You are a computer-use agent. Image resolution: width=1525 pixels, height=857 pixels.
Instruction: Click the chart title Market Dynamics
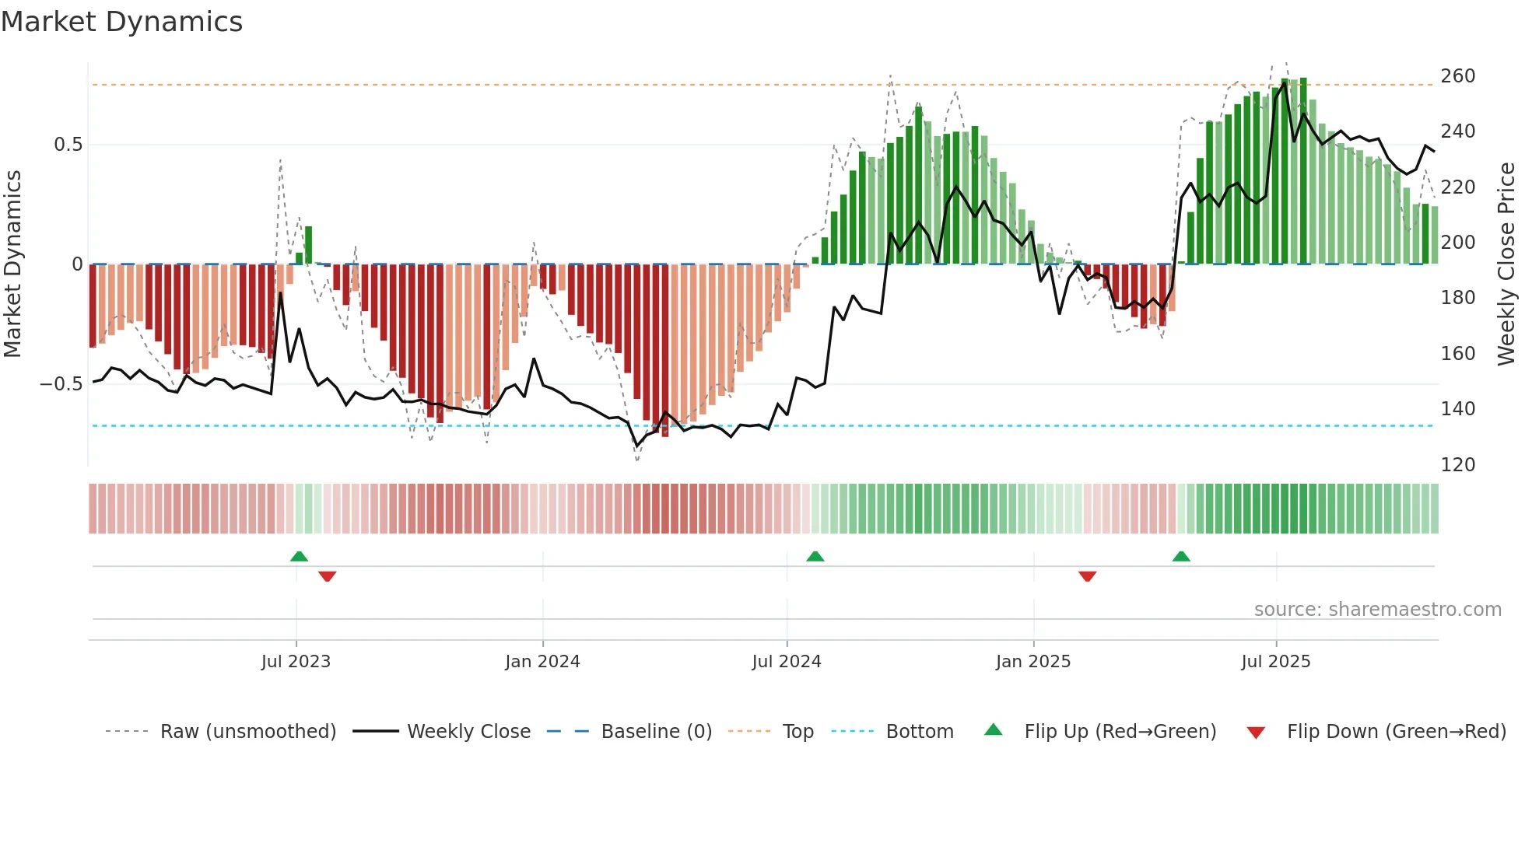click(122, 22)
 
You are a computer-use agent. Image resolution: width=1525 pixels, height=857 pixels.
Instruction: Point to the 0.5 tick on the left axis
click(68, 145)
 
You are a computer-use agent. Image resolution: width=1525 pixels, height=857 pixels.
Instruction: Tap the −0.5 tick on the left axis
click(61, 384)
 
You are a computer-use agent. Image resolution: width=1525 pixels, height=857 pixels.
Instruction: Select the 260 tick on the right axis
click(1457, 76)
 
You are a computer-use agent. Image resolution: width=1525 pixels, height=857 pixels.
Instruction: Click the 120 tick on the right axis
click(1457, 465)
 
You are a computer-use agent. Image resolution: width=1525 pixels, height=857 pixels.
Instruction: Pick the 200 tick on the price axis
click(1457, 243)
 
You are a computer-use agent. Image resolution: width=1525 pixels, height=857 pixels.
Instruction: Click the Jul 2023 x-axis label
click(296, 662)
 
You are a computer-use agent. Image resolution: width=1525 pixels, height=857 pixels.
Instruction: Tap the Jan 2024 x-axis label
click(542, 662)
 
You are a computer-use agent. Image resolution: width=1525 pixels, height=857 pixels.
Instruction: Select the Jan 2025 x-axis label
click(1033, 662)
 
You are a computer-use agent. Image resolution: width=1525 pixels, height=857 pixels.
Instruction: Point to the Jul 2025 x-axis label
click(1276, 662)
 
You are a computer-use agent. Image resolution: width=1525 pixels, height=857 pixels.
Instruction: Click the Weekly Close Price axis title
click(1506, 264)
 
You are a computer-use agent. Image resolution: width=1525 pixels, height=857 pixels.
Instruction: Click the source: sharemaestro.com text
click(1377, 610)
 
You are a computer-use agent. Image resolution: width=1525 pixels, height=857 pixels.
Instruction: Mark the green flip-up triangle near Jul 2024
click(815, 556)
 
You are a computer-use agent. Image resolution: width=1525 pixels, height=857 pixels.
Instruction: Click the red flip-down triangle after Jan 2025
click(1087, 575)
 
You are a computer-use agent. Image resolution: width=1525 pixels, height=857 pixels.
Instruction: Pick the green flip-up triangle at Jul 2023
click(299, 556)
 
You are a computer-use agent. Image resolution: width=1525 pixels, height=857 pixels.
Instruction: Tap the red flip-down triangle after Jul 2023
click(327, 575)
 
